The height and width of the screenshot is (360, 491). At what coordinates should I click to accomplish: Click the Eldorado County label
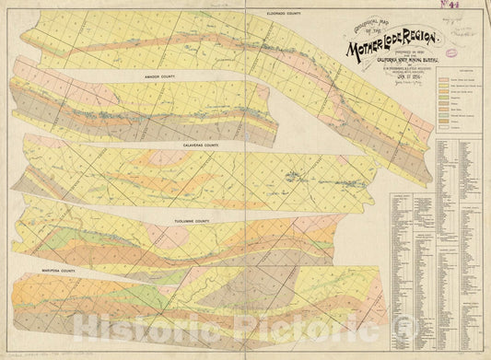(286, 14)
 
